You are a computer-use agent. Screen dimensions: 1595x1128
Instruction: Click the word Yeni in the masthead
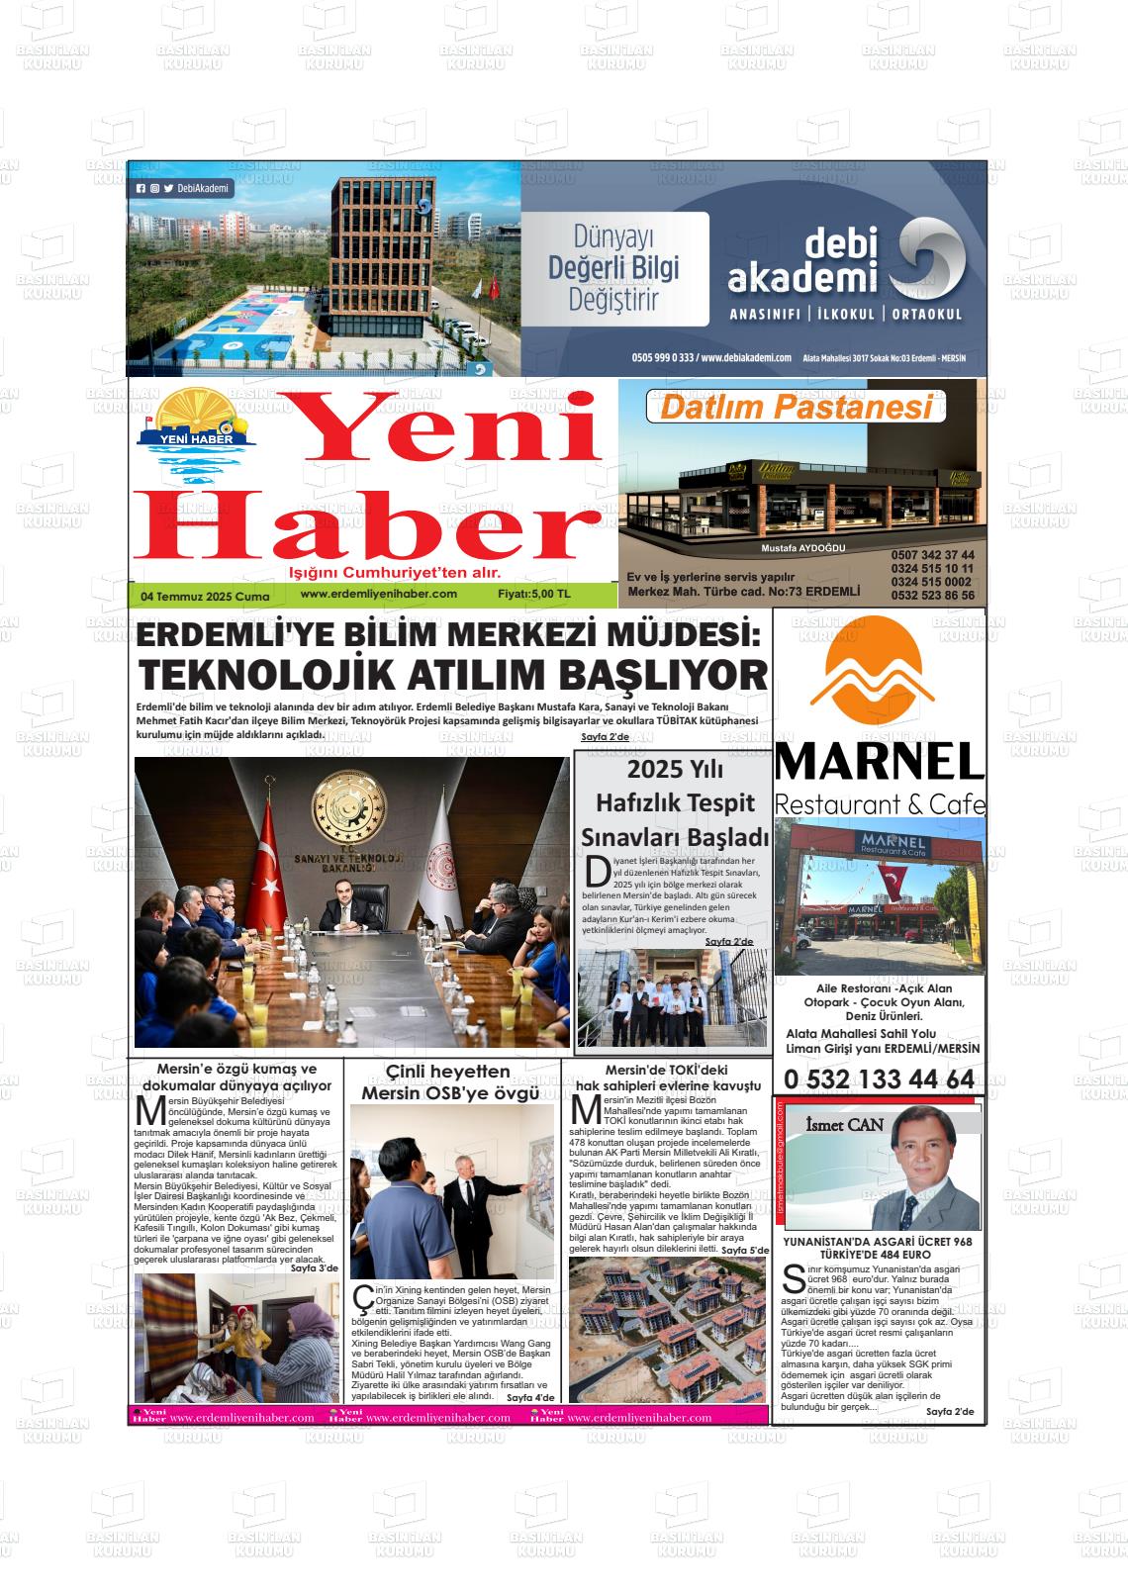(447, 427)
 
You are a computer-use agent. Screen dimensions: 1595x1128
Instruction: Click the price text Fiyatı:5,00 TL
(534, 595)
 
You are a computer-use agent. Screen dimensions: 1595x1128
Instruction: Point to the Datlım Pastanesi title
(797, 408)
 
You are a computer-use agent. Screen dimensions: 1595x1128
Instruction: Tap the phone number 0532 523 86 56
(931, 596)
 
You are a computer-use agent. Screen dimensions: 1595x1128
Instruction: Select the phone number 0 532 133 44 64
(879, 1079)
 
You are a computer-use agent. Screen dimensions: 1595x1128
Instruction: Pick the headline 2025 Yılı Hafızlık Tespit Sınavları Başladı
(674, 802)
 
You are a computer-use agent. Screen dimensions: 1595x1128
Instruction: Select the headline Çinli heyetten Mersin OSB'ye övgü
(449, 1082)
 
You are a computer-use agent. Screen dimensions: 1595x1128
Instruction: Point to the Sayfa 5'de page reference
(744, 1251)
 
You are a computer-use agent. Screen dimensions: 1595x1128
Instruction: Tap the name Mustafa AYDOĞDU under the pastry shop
(803, 548)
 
